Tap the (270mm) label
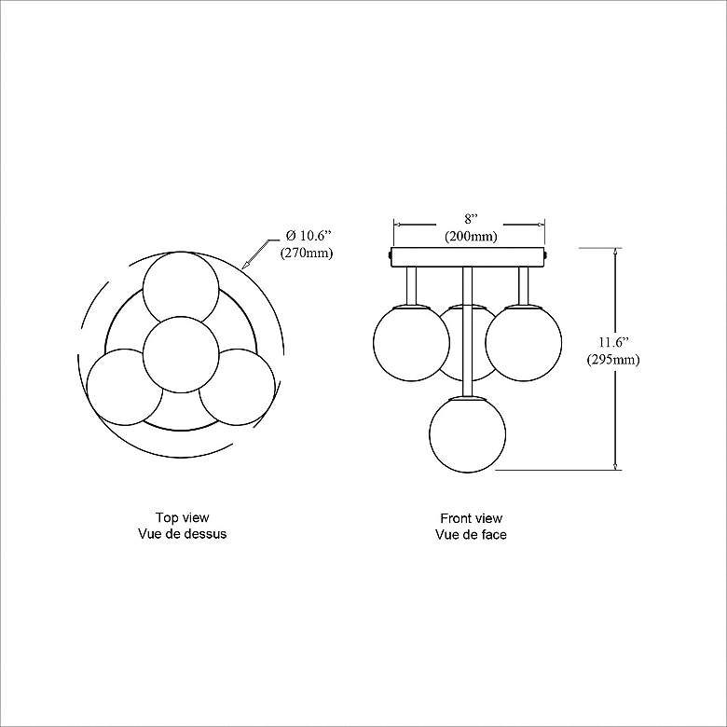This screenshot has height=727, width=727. (x=306, y=253)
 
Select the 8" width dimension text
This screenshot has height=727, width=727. (x=470, y=219)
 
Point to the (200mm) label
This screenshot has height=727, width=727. (x=470, y=237)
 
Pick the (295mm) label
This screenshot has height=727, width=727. (x=613, y=360)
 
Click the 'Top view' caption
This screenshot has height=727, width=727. (x=182, y=517)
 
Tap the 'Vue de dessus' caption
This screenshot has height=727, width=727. (x=182, y=535)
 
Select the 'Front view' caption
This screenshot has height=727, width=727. (x=471, y=517)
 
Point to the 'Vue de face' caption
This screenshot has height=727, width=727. (x=471, y=535)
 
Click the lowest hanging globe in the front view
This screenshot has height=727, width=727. (x=468, y=433)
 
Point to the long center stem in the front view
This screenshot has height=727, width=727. (x=469, y=326)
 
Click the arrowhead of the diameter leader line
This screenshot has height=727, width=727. (x=245, y=266)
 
